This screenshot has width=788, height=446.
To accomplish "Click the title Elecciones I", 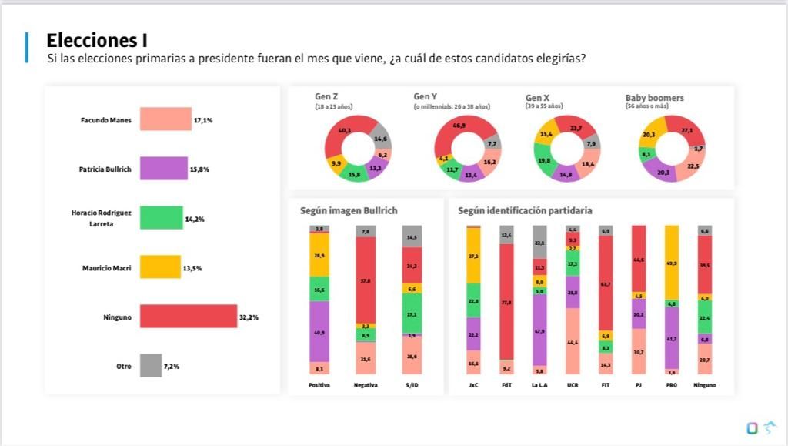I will tap(97, 40).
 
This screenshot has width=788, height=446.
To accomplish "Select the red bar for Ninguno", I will tap(189, 317).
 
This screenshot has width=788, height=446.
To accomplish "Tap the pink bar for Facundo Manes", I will tap(165, 119).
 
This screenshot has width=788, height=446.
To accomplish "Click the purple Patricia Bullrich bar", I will tap(163, 169).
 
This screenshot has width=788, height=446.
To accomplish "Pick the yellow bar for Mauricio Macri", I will tap(160, 267).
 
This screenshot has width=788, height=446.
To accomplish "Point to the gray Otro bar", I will tap(151, 366).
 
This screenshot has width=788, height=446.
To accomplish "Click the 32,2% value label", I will tap(249, 317).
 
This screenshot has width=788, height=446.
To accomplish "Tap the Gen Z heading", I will tap(326, 96).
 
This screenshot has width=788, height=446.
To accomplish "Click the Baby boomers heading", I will tap(654, 98).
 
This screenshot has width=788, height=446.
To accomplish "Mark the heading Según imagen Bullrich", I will tap(349, 210).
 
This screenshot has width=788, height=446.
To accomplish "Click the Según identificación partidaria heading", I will tap(525, 210).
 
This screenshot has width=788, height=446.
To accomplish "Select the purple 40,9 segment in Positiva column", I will tap(319, 331).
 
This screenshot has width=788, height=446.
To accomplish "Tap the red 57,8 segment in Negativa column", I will tap(366, 280).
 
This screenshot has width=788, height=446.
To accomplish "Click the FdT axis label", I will tap(506, 384).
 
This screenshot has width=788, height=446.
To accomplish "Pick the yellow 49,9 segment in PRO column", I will tap(672, 263).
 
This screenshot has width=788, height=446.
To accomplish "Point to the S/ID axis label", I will tap(412, 384).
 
